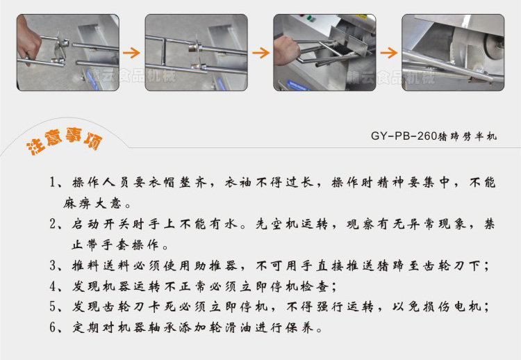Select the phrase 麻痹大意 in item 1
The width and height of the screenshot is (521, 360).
coord(97,204)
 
